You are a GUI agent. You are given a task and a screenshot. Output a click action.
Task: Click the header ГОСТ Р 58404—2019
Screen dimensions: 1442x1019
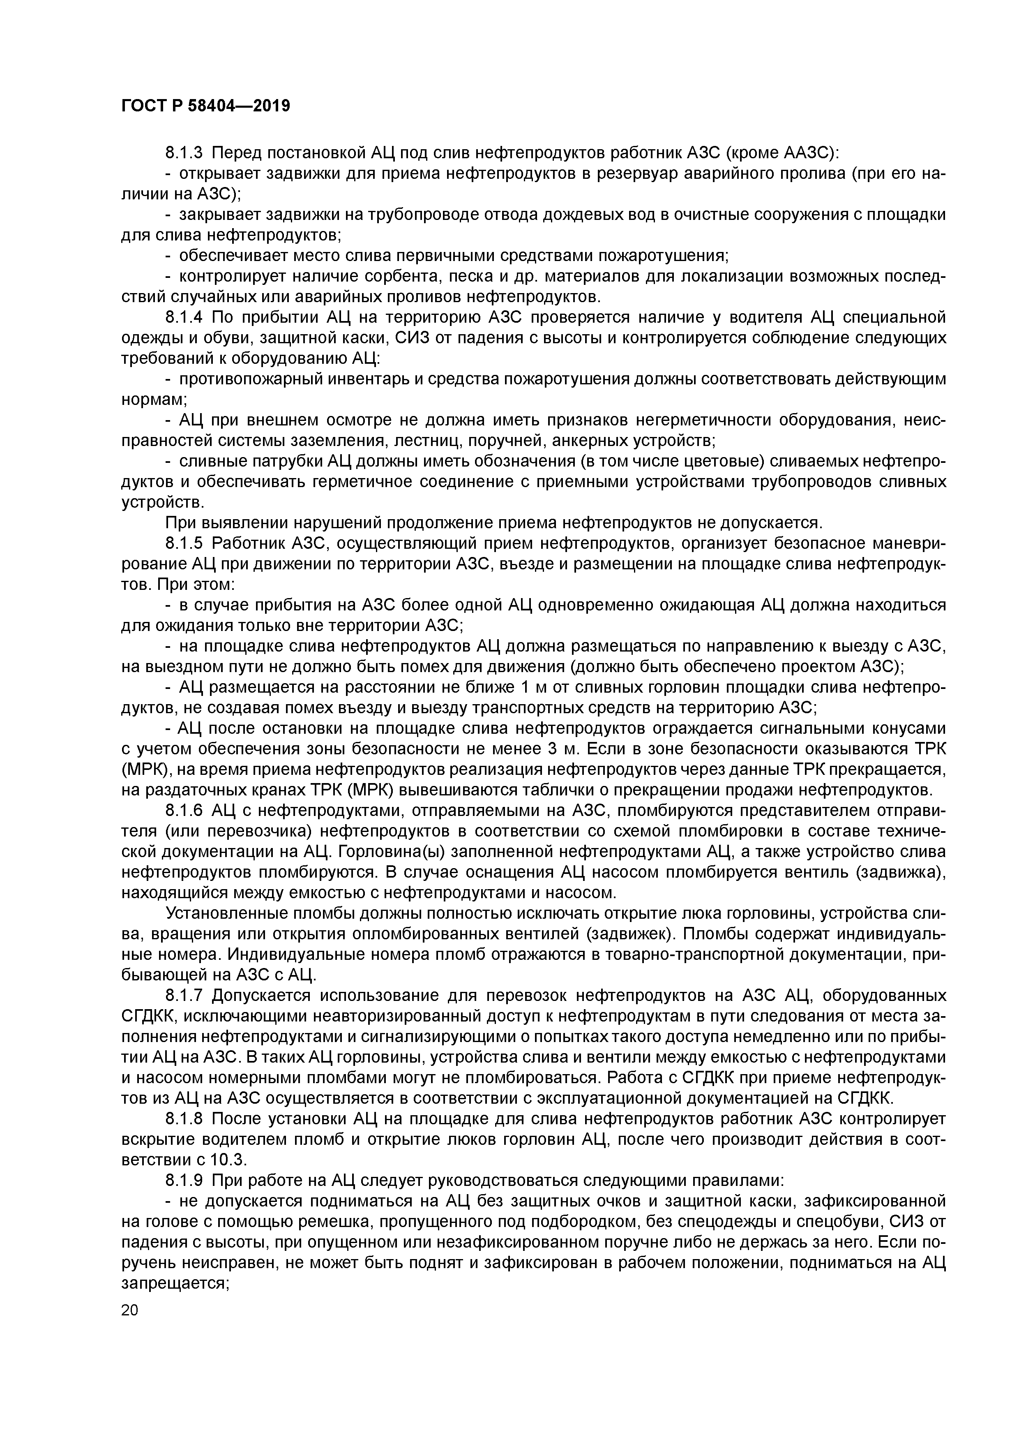pos(205,106)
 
